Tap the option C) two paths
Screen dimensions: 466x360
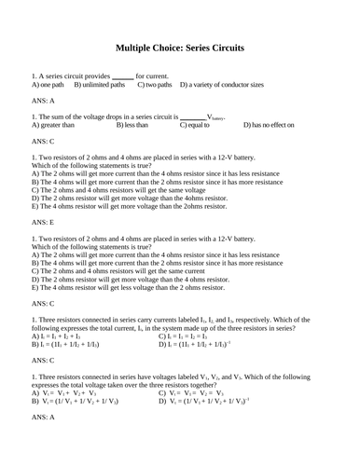(155, 85)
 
